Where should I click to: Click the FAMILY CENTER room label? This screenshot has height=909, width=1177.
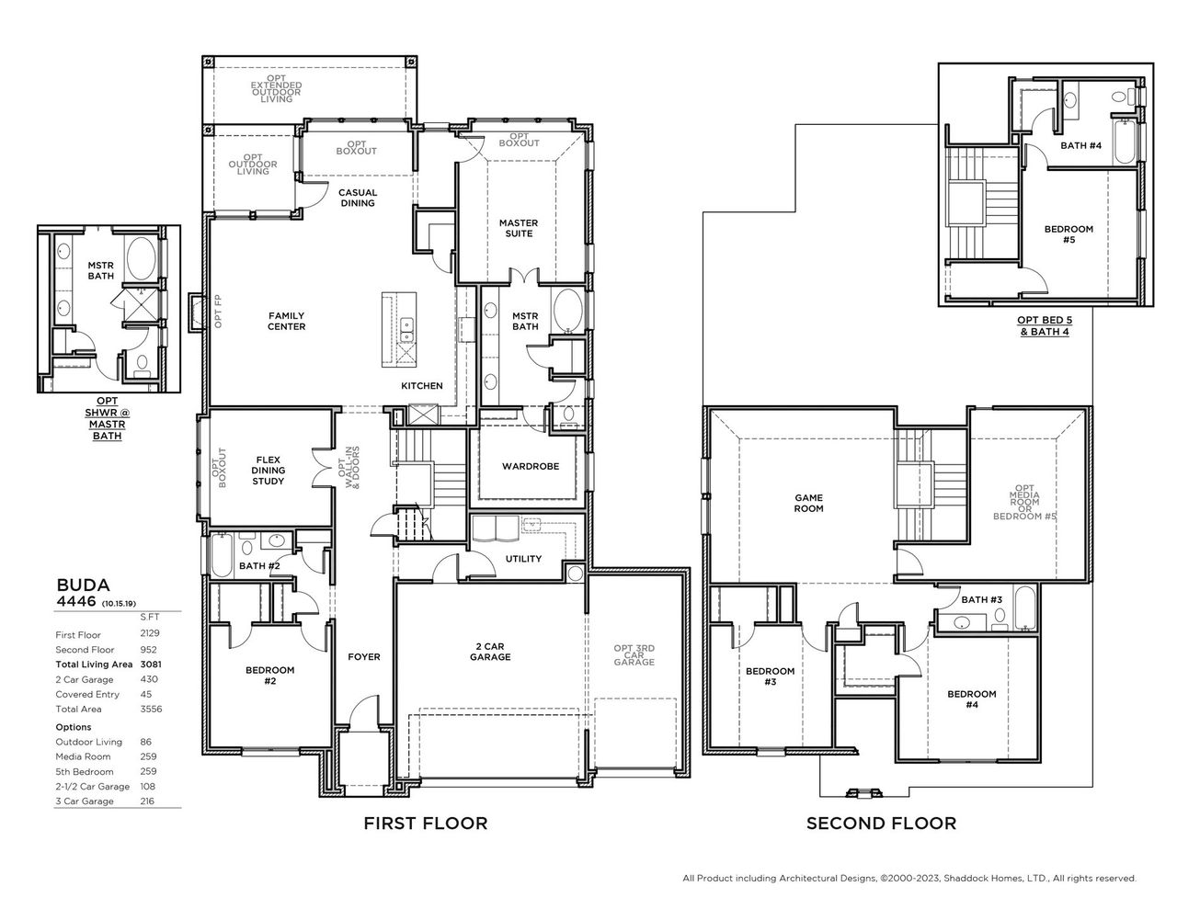click(286, 321)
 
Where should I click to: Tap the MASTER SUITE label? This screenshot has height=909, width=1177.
click(519, 228)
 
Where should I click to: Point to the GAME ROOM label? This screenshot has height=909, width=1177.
click(809, 503)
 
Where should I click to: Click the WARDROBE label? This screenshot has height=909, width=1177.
click(531, 466)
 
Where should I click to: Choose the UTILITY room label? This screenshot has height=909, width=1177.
click(523, 559)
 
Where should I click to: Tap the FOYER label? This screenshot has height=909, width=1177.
click(364, 657)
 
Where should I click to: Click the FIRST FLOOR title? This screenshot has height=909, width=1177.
click(426, 824)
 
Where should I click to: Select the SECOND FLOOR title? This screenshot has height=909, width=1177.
click(881, 824)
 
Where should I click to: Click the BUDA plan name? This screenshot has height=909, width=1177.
click(84, 585)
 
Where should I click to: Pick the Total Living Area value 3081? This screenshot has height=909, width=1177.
click(150, 665)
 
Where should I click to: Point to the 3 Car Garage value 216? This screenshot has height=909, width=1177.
click(147, 801)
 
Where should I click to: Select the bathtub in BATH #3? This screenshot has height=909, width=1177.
click(1025, 612)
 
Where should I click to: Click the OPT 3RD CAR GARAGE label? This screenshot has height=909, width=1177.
click(634, 655)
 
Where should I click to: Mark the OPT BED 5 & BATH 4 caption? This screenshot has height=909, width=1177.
click(1044, 325)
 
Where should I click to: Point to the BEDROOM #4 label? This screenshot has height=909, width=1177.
click(972, 699)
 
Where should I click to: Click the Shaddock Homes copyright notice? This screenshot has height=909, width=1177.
click(909, 878)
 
